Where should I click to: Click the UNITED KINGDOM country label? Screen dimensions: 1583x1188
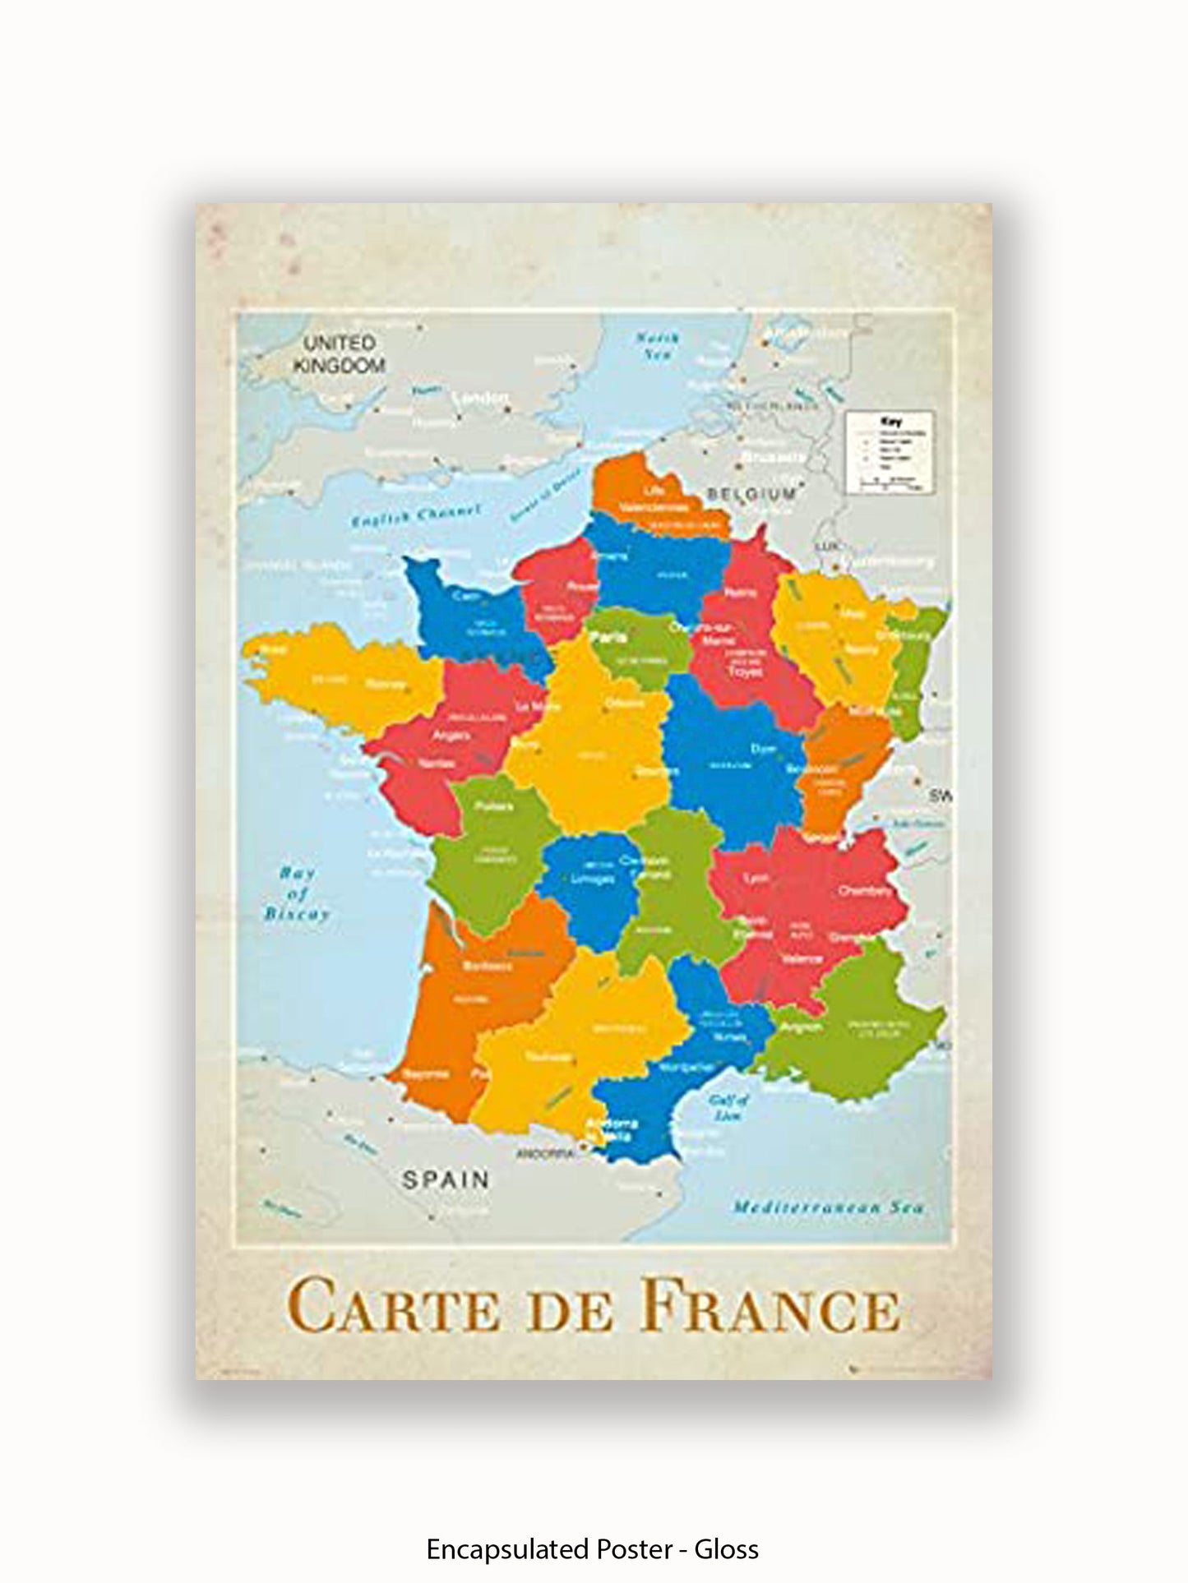click(x=339, y=353)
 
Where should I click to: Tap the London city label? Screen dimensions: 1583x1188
click(x=482, y=399)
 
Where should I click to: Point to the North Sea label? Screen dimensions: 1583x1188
click(x=658, y=346)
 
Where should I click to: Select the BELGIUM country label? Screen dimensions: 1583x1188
click(x=751, y=494)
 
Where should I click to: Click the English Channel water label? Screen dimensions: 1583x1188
click(x=416, y=517)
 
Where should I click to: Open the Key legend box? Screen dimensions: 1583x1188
click(x=891, y=451)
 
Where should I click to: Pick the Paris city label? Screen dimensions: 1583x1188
click(x=612, y=637)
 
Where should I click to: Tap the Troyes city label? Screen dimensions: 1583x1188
click(x=745, y=672)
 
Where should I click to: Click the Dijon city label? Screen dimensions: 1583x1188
click(x=762, y=749)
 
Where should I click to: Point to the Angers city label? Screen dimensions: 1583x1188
click(x=451, y=735)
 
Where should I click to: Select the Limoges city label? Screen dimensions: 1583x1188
click(x=592, y=879)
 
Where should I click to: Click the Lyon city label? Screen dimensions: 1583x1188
click(x=756, y=878)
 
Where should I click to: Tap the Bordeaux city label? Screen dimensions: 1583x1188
click(x=488, y=966)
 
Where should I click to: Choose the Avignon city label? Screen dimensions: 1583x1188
click(x=801, y=1027)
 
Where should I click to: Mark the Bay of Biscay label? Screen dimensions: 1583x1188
click(x=297, y=893)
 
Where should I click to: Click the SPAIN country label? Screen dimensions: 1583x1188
click(x=446, y=1180)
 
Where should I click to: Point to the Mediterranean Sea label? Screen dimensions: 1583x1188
click(x=828, y=1207)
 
